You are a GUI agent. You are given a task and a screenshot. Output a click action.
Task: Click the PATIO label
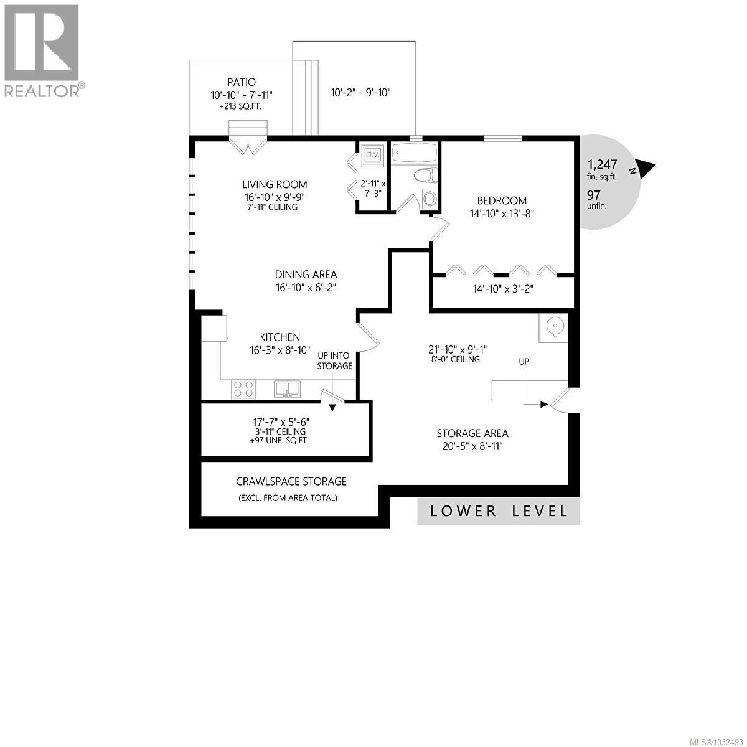pos(242,82)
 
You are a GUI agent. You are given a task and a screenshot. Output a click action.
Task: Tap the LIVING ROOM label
pos(275,184)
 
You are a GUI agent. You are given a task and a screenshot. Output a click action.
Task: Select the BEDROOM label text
pos(502,200)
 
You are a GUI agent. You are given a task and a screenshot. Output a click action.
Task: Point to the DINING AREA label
pos(306,275)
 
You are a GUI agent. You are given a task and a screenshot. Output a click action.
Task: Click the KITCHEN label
pos(280,337)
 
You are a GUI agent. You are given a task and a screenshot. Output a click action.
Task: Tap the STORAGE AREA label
pos(472,433)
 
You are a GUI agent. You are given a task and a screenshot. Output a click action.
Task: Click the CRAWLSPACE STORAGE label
pos(291,481)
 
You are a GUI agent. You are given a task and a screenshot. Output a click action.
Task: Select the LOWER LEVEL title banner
pos(499,511)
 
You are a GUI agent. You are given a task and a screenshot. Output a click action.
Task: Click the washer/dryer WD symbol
pos(374,154)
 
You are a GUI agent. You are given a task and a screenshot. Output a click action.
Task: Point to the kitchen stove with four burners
pos(243,389)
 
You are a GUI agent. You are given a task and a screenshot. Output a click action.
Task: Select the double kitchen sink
pos(287,390)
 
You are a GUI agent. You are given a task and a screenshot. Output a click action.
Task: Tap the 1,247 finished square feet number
pos(602,165)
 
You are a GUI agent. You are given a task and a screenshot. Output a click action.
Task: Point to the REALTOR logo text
pos(42,91)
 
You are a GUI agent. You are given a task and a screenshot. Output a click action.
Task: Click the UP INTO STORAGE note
pos(335,360)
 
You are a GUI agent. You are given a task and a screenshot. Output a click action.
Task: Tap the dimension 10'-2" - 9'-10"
pos(360,93)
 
